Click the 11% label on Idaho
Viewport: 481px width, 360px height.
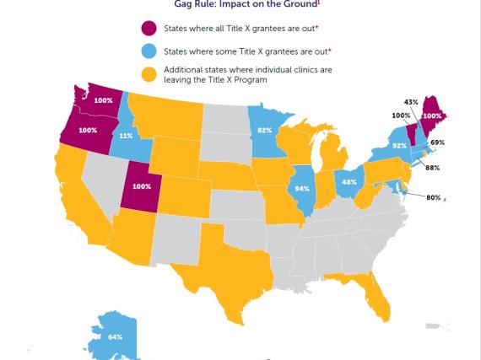pos(124,135)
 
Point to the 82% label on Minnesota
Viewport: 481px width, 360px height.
pos(264,131)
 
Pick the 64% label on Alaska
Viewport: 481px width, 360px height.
pos(116,337)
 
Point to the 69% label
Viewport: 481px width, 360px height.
pos(437,142)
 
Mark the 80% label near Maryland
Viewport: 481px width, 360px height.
pos(433,197)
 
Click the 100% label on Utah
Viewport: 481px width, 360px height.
pos(141,186)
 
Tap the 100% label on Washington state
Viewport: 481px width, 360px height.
pos(102,99)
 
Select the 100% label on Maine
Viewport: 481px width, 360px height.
pos(430,116)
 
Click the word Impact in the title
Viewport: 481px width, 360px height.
pos(234,3)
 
